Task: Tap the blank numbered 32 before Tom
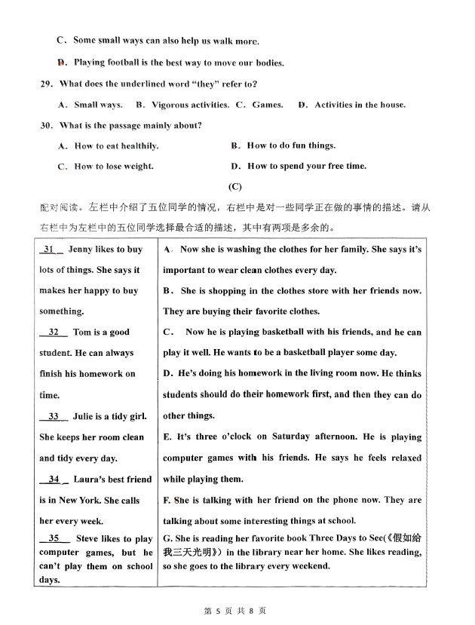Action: pos(54,332)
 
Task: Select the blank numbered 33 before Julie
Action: pos(54,416)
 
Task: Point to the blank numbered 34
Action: pos(54,479)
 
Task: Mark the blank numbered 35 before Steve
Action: pos(54,538)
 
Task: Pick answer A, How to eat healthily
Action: pos(109,146)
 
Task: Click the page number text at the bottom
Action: pos(235,611)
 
